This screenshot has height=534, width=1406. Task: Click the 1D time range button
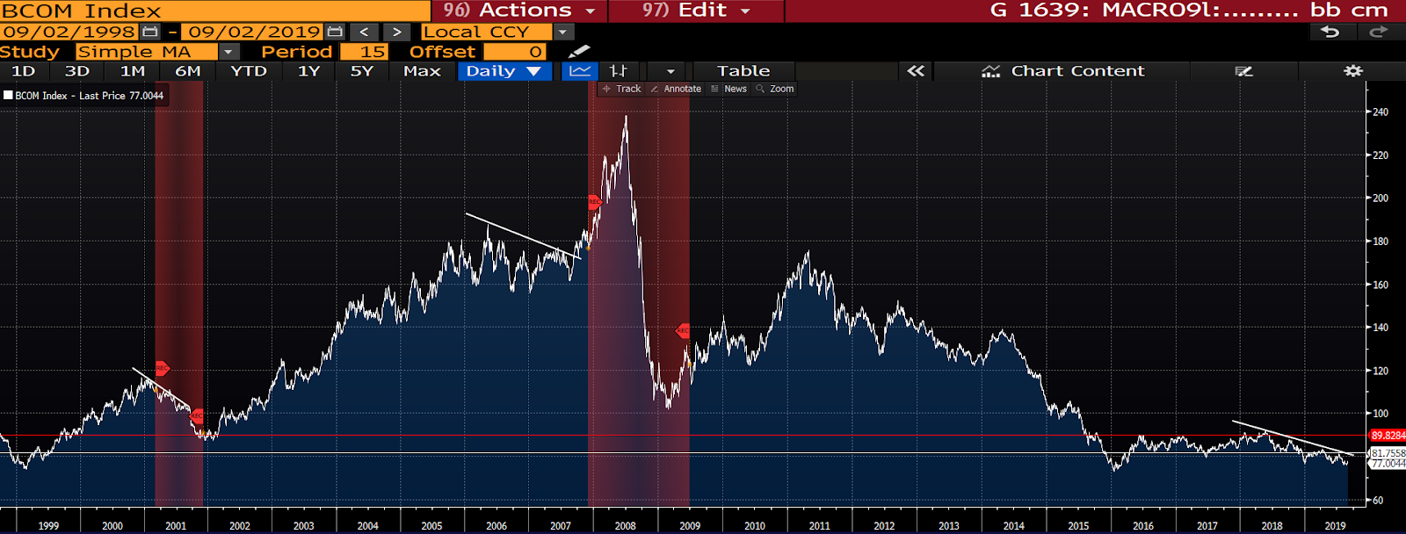(24, 71)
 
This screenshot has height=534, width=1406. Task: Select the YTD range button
(249, 71)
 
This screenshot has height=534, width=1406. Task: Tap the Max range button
(422, 71)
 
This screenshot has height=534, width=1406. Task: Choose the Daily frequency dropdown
(504, 71)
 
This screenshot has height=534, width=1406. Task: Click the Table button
(743, 71)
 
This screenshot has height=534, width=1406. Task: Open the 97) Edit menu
(695, 11)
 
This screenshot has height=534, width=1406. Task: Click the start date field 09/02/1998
(69, 32)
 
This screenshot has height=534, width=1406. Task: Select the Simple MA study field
(146, 52)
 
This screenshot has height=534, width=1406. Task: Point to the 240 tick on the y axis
(1381, 112)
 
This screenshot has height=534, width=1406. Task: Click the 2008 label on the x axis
(625, 525)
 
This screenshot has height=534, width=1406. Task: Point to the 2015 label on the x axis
(1078, 525)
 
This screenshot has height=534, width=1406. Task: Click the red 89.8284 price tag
(1388, 436)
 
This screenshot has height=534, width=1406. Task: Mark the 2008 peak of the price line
(626, 117)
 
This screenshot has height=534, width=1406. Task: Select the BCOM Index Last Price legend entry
(84, 96)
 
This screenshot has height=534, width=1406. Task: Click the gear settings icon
(1352, 71)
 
